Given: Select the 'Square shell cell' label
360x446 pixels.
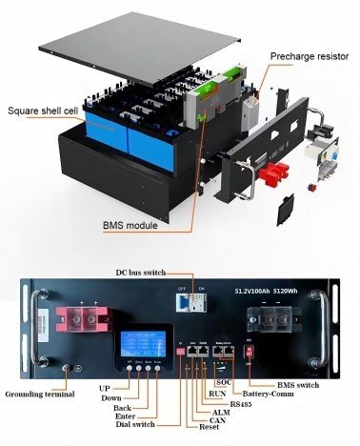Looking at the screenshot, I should pos(43,108).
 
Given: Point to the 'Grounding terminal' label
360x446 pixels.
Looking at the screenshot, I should pos(39,393).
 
